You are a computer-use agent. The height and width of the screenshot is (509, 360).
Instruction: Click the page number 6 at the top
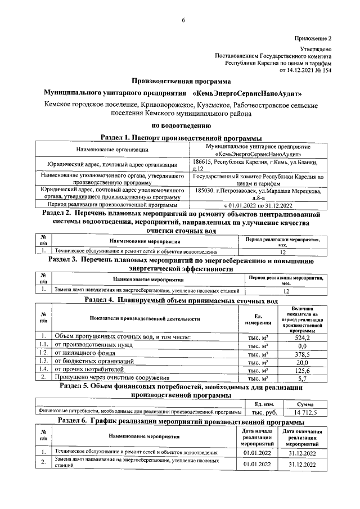pos(183,21)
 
